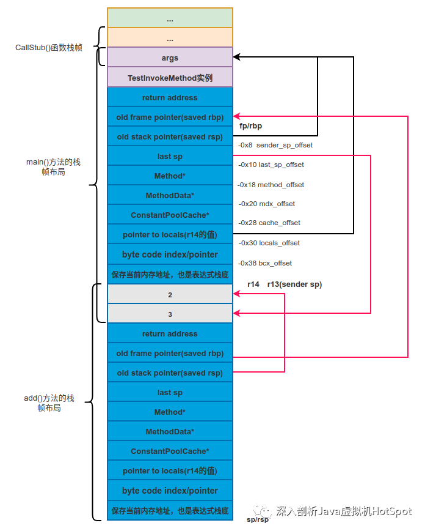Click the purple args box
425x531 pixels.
tap(170, 57)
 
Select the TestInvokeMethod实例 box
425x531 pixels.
tap(170, 77)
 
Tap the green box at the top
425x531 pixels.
tap(170, 18)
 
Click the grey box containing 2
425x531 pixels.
tap(170, 294)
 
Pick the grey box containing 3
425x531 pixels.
tap(170, 313)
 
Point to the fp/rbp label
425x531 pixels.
tap(250, 126)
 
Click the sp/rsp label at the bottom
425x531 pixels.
tap(258, 519)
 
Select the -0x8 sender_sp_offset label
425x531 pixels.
tap(275, 145)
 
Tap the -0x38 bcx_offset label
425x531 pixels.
tap(265, 263)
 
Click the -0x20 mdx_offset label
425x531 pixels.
tap(267, 204)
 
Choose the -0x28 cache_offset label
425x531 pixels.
tap(269, 223)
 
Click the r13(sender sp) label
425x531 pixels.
tap(294, 284)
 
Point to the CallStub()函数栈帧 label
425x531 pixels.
tap(49, 48)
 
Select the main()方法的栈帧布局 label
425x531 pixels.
tap(53, 166)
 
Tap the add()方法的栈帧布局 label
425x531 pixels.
tap(49, 403)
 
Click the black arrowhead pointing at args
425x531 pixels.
tap(237, 57)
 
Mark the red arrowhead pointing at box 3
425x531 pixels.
tap(237, 313)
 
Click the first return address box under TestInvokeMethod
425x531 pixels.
tap(170, 97)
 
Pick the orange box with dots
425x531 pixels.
tap(170, 37)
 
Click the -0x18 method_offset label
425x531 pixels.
tap(271, 185)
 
